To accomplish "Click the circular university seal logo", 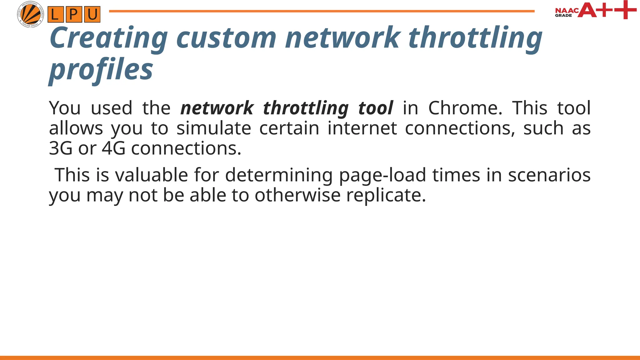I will click(x=30, y=14).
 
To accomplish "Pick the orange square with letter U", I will click(x=92, y=15).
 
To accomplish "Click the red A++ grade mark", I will click(x=607, y=10).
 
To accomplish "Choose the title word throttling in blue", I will click(x=475, y=38).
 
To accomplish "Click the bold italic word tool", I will click(x=375, y=108).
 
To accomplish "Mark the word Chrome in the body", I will click(x=465, y=108).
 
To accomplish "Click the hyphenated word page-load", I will click(x=382, y=175).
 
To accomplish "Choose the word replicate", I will click(x=386, y=195).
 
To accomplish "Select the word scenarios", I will click(x=549, y=175).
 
